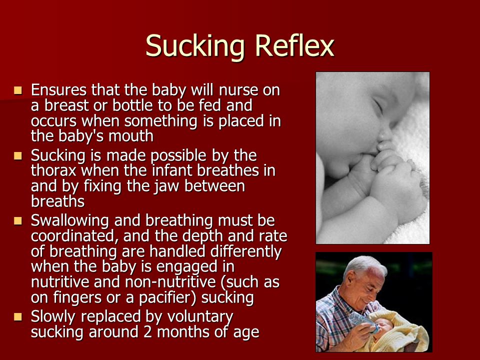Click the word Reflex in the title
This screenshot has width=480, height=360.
[x=294, y=45]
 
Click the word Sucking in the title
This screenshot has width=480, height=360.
[x=195, y=47]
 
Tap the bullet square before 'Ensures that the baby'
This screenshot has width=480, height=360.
[x=18, y=90]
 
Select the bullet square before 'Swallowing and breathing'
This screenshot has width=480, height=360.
[x=18, y=220]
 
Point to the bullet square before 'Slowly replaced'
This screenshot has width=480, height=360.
[x=18, y=316]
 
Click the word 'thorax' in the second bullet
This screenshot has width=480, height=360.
[x=53, y=170]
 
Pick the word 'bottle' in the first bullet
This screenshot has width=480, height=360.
[x=132, y=105]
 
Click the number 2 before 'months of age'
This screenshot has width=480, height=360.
[x=147, y=332]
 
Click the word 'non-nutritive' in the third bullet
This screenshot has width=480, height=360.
[x=170, y=282]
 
